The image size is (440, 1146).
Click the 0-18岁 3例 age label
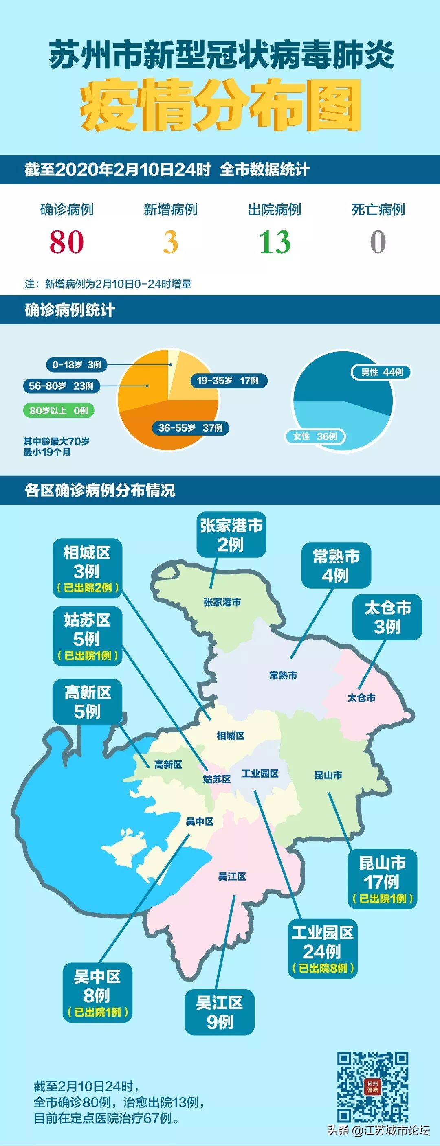77,365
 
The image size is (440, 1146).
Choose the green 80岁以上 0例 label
59,411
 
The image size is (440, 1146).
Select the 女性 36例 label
315,436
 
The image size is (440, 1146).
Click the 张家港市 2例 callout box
231,535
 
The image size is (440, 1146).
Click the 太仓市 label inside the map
361,697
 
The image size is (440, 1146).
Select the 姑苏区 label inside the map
217,779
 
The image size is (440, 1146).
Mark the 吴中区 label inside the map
200,822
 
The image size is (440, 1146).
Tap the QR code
372,1087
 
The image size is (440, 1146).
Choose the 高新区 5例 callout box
87,701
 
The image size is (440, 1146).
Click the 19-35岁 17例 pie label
228,381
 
